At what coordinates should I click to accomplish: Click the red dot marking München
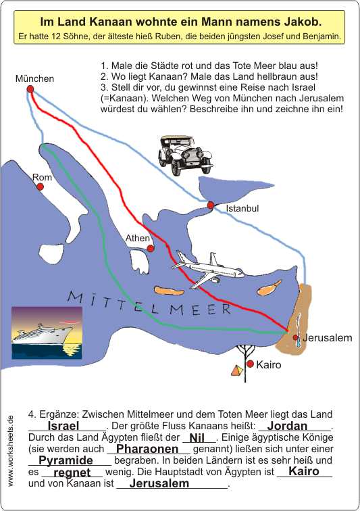coord(30,89)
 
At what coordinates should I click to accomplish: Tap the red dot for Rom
coord(40,187)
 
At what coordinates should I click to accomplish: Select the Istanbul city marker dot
coord(211,205)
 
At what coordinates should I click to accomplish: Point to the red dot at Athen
coord(150,248)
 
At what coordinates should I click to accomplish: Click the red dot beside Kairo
coord(250,364)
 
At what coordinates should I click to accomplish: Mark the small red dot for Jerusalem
coord(295,337)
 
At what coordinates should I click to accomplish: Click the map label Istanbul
coord(242,209)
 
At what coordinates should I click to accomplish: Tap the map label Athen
coord(138,238)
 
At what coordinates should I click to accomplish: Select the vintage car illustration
coord(185,155)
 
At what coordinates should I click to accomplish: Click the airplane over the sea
coord(207,269)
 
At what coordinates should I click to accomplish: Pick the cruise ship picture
coord(47,333)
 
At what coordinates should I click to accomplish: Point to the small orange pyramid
coord(237,370)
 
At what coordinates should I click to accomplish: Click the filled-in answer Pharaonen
coord(147,449)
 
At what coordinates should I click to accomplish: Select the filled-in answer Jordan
coord(287,426)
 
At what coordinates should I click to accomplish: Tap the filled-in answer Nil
coord(197,437)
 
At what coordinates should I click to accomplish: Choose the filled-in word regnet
coord(72,472)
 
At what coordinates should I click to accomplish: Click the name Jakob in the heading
coord(304,22)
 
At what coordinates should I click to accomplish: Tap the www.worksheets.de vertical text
coord(10,451)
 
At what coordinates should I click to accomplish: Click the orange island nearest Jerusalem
coord(269,288)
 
